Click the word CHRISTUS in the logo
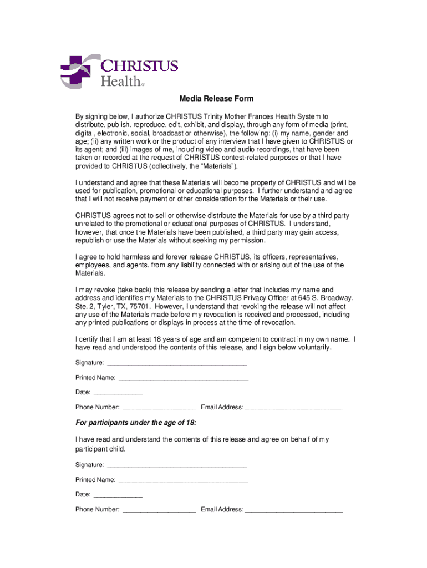coord(139,66)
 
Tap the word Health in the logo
coord(120,82)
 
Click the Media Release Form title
coord(216,99)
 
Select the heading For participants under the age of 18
coord(136,423)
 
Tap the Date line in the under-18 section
coord(118,494)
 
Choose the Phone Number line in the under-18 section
coord(159,509)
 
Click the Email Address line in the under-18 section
coord(294,509)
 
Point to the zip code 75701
coord(141,306)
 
